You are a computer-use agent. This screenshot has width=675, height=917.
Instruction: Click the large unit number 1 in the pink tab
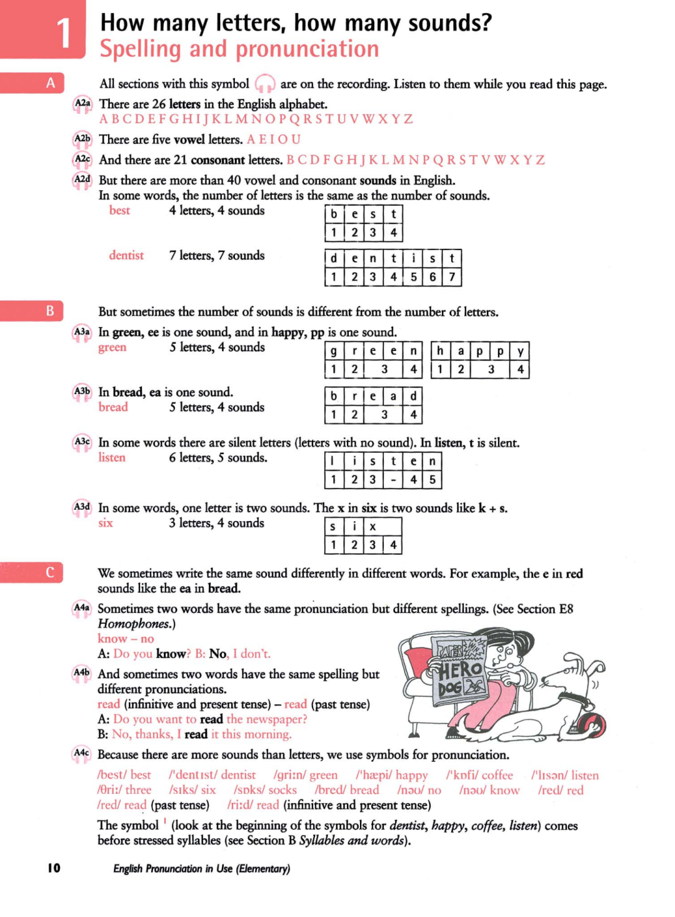pyautogui.click(x=64, y=33)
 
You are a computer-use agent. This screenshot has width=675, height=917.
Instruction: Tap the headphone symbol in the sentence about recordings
pyautogui.click(x=265, y=84)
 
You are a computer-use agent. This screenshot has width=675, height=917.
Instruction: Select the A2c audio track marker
pyautogui.click(x=82, y=160)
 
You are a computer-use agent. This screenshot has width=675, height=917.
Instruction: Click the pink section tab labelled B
pyautogui.click(x=49, y=311)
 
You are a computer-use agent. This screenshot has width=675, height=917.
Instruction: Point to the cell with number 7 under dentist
pyautogui.click(x=452, y=276)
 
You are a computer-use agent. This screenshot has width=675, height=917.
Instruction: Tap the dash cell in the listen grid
pyautogui.click(x=393, y=480)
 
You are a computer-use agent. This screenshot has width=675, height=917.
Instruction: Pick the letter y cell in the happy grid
pyautogui.click(x=520, y=351)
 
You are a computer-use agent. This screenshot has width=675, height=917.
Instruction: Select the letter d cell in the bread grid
pyautogui.click(x=413, y=396)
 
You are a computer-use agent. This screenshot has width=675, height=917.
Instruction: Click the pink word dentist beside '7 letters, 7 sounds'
pyautogui.click(x=126, y=255)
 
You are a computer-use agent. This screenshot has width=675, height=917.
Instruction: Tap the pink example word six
pyautogui.click(x=106, y=523)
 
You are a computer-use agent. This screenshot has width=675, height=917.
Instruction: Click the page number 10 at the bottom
pyautogui.click(x=54, y=868)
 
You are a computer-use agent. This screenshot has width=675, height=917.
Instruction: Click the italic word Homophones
pyautogui.click(x=134, y=624)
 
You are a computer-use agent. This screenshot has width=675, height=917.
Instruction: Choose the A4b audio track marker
pyautogui.click(x=82, y=674)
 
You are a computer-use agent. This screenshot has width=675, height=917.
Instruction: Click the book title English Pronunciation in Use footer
pyautogui.click(x=201, y=868)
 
